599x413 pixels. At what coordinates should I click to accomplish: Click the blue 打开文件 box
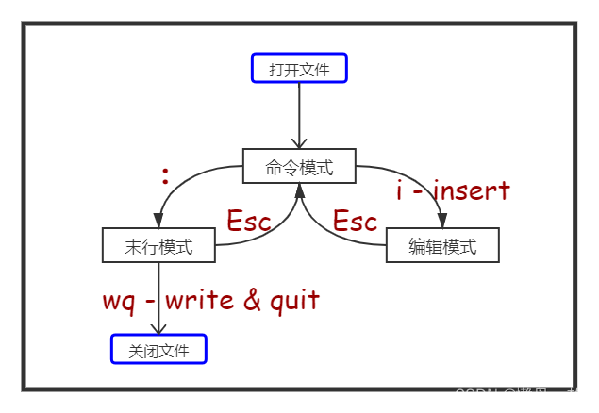click(299, 68)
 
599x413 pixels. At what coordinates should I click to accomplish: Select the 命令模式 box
click(299, 167)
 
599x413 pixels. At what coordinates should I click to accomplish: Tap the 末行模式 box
click(158, 246)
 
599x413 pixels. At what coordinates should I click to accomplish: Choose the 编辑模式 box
click(442, 246)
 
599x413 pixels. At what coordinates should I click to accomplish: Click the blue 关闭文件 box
click(158, 351)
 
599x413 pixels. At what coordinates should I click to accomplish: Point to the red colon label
click(165, 175)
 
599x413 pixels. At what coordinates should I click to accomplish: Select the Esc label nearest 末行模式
click(249, 222)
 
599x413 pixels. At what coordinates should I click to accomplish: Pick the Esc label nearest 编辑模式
click(356, 222)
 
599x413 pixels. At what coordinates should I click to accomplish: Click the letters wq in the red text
click(120, 302)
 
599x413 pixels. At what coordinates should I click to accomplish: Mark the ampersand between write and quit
click(252, 301)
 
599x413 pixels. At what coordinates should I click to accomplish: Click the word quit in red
click(294, 301)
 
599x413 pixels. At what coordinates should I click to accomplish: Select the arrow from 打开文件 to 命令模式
click(299, 113)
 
